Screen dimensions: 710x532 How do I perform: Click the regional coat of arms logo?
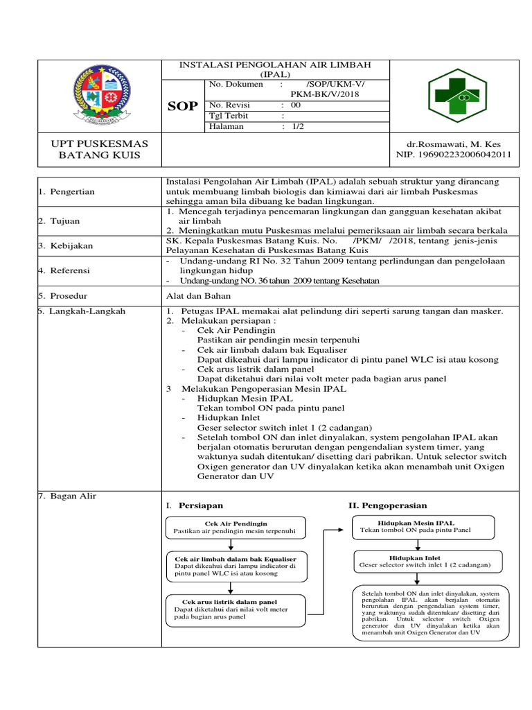[x=100, y=94]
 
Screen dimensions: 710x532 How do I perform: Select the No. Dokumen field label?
[x=236, y=85]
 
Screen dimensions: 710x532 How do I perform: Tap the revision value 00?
[x=296, y=105]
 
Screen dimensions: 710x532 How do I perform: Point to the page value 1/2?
[x=298, y=127]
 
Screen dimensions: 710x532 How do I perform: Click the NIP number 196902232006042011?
[x=453, y=155]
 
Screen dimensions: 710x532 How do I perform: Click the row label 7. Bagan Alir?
[x=67, y=496]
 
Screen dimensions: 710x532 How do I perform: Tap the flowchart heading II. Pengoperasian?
[x=387, y=505]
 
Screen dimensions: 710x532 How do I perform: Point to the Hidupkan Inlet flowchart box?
[x=425, y=561]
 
